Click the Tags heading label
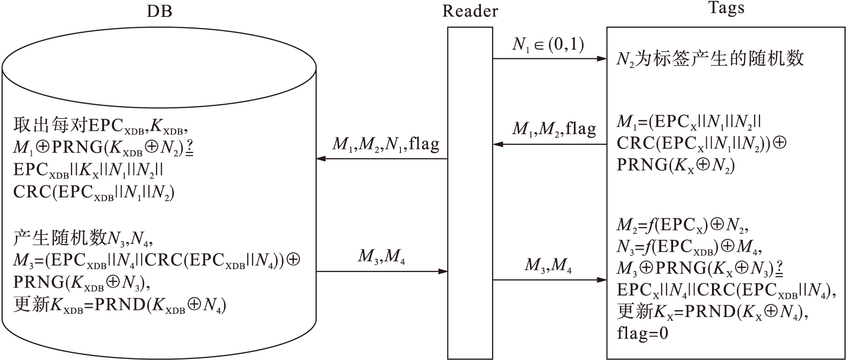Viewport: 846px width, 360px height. click(726, 8)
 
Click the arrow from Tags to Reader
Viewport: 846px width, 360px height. click(550, 145)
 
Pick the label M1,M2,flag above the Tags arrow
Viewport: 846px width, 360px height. click(554, 129)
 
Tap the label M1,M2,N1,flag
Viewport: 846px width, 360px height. click(386, 144)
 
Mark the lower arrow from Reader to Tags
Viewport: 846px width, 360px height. click(550, 280)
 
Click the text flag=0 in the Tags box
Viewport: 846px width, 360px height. click(642, 334)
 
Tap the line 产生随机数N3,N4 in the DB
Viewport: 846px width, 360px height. click(83, 237)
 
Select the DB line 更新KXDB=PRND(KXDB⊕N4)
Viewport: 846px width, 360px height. click(120, 305)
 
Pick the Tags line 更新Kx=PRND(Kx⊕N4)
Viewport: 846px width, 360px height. click(713, 311)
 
